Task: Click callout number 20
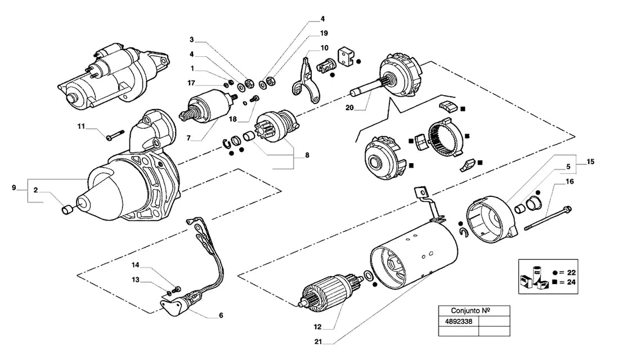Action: tap(349, 107)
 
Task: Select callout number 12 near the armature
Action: tap(318, 327)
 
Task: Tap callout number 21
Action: tap(319, 342)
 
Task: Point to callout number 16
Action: tap(569, 182)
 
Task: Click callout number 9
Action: tap(14, 187)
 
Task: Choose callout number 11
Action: tap(81, 127)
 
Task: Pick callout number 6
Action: tap(221, 316)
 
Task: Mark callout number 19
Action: tap(324, 33)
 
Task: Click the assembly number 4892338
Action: tap(458, 321)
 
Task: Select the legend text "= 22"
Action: tap(568, 272)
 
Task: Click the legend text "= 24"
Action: tap(568, 282)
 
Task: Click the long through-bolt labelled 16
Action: tap(548, 218)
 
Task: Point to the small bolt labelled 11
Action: tap(115, 134)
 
